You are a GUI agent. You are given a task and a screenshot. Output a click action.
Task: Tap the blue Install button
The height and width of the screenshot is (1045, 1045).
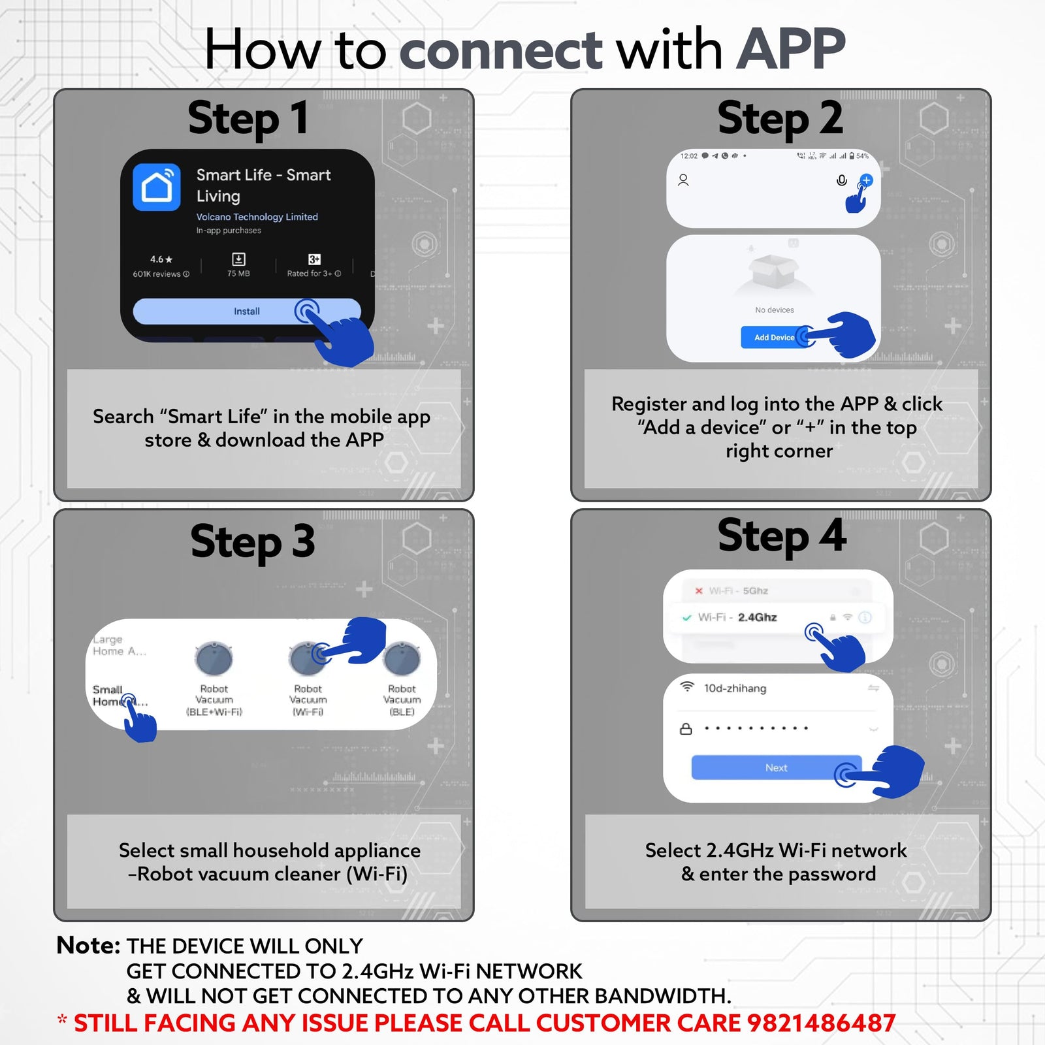click(247, 312)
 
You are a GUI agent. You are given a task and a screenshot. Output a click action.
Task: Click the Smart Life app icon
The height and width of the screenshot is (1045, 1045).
click(157, 187)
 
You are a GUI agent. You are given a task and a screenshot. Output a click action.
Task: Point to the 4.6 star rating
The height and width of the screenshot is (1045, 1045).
click(161, 260)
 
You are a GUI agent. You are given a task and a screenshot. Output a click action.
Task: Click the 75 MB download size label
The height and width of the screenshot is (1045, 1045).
click(238, 274)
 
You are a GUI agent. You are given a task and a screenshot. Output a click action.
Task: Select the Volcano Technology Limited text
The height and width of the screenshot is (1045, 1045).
click(257, 217)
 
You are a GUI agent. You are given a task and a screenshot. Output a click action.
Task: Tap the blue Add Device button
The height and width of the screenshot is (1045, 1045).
click(774, 338)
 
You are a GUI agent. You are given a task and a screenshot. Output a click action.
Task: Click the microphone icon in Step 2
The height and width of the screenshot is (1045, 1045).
click(842, 180)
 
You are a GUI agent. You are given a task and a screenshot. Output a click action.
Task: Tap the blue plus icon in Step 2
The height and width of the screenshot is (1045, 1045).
click(866, 180)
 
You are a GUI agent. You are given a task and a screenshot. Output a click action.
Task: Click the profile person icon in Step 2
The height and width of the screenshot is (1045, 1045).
click(683, 180)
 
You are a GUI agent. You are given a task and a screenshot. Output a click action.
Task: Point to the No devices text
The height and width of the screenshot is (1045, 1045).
click(775, 310)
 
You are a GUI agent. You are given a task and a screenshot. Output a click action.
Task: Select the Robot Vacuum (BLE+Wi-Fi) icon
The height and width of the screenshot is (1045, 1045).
click(214, 658)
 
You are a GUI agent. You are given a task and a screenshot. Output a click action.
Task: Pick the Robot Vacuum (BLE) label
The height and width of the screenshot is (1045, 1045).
click(402, 700)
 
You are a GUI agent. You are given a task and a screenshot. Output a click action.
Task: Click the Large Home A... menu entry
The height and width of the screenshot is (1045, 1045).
click(118, 645)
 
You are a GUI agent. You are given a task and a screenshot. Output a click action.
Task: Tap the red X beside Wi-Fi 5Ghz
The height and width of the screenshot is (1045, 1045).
click(699, 591)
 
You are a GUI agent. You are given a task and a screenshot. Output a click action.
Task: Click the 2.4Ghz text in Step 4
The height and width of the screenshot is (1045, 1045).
click(757, 617)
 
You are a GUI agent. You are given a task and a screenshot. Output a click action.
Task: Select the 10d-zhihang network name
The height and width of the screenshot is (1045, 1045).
click(735, 688)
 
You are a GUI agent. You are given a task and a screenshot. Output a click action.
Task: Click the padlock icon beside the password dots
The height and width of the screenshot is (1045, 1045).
click(686, 729)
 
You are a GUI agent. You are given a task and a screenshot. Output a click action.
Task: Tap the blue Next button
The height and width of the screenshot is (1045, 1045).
click(776, 768)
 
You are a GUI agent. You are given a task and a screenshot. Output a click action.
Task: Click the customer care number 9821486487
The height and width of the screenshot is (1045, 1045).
click(821, 1023)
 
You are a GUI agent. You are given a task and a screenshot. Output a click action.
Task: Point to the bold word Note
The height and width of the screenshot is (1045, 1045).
click(88, 945)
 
